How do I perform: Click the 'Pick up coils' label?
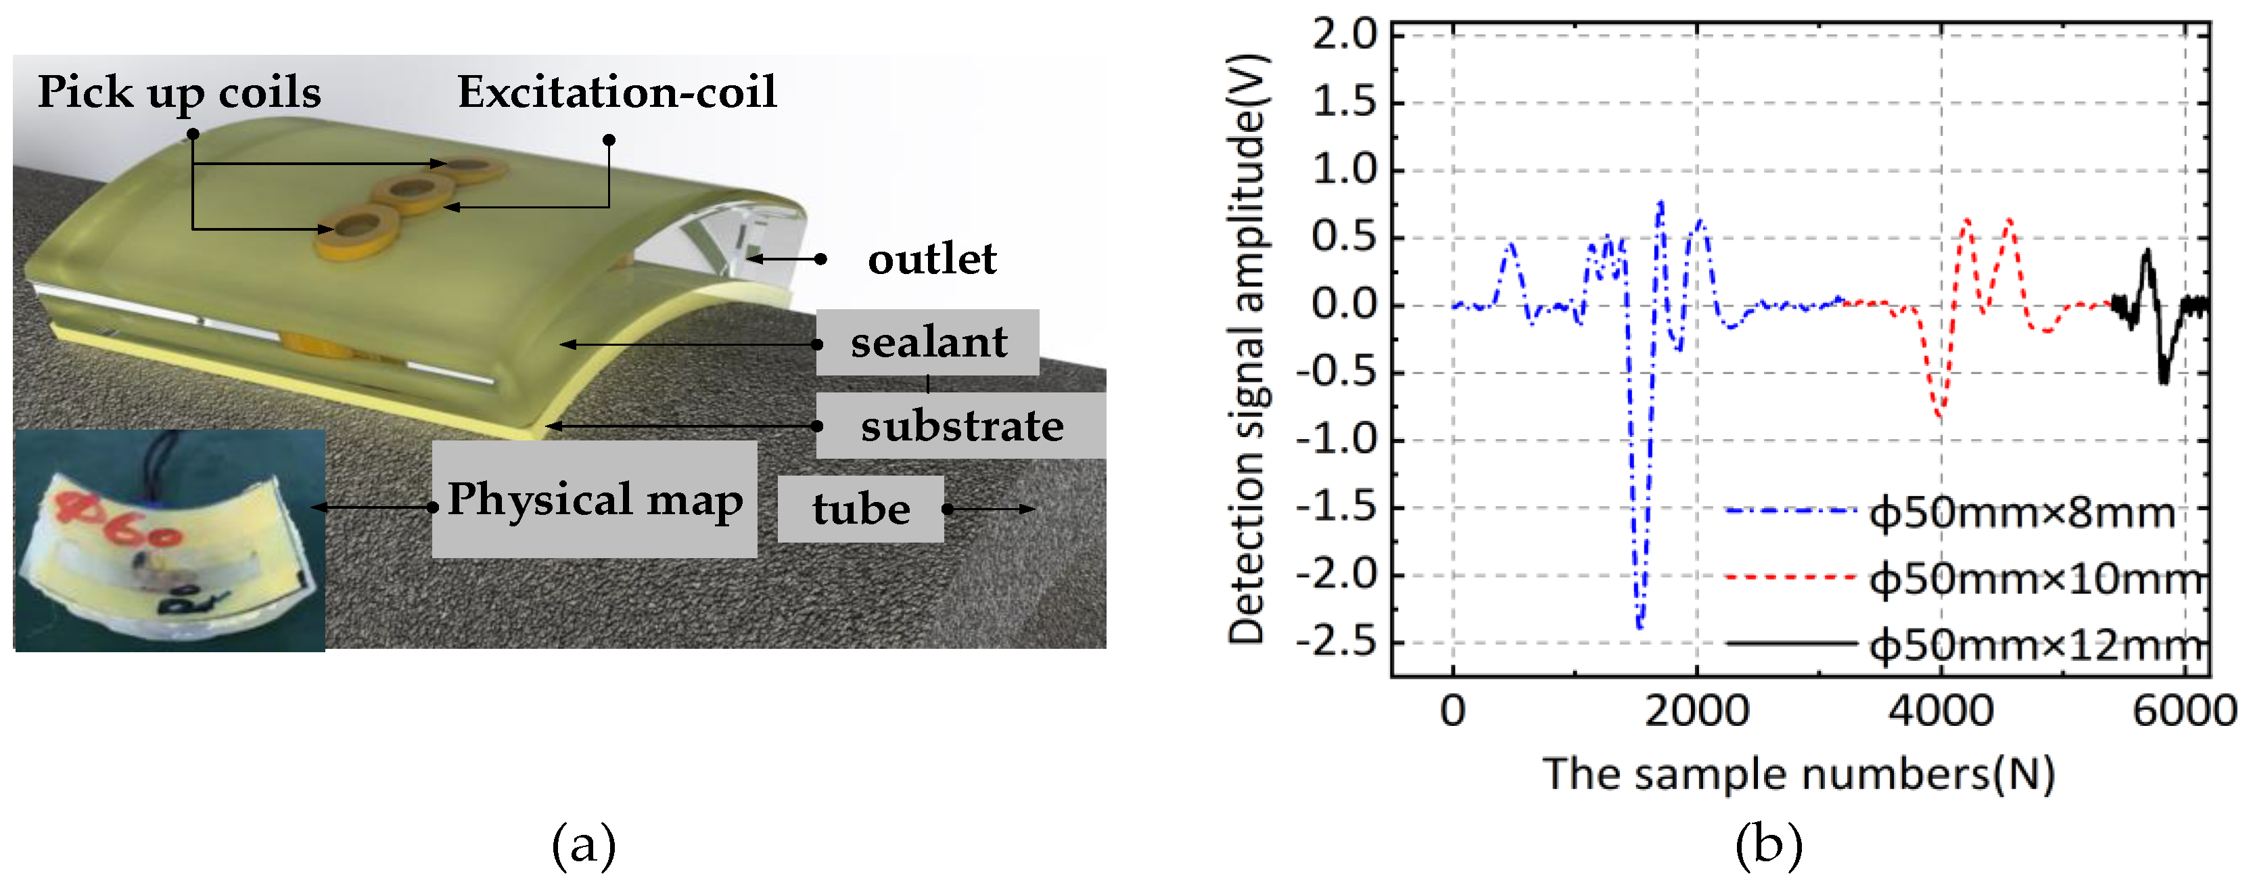pyautogui.click(x=179, y=93)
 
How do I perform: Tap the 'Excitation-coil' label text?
pyautogui.click(x=617, y=93)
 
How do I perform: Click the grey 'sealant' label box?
pyautogui.click(x=927, y=342)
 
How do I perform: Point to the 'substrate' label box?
pyautogui.click(x=960, y=426)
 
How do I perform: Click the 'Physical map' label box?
pyautogui.click(x=595, y=499)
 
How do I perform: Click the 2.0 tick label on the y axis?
pyautogui.click(x=1344, y=36)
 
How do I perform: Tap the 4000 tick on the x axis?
pyautogui.click(x=1941, y=710)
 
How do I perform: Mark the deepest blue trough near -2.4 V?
pyautogui.click(x=1640, y=626)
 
